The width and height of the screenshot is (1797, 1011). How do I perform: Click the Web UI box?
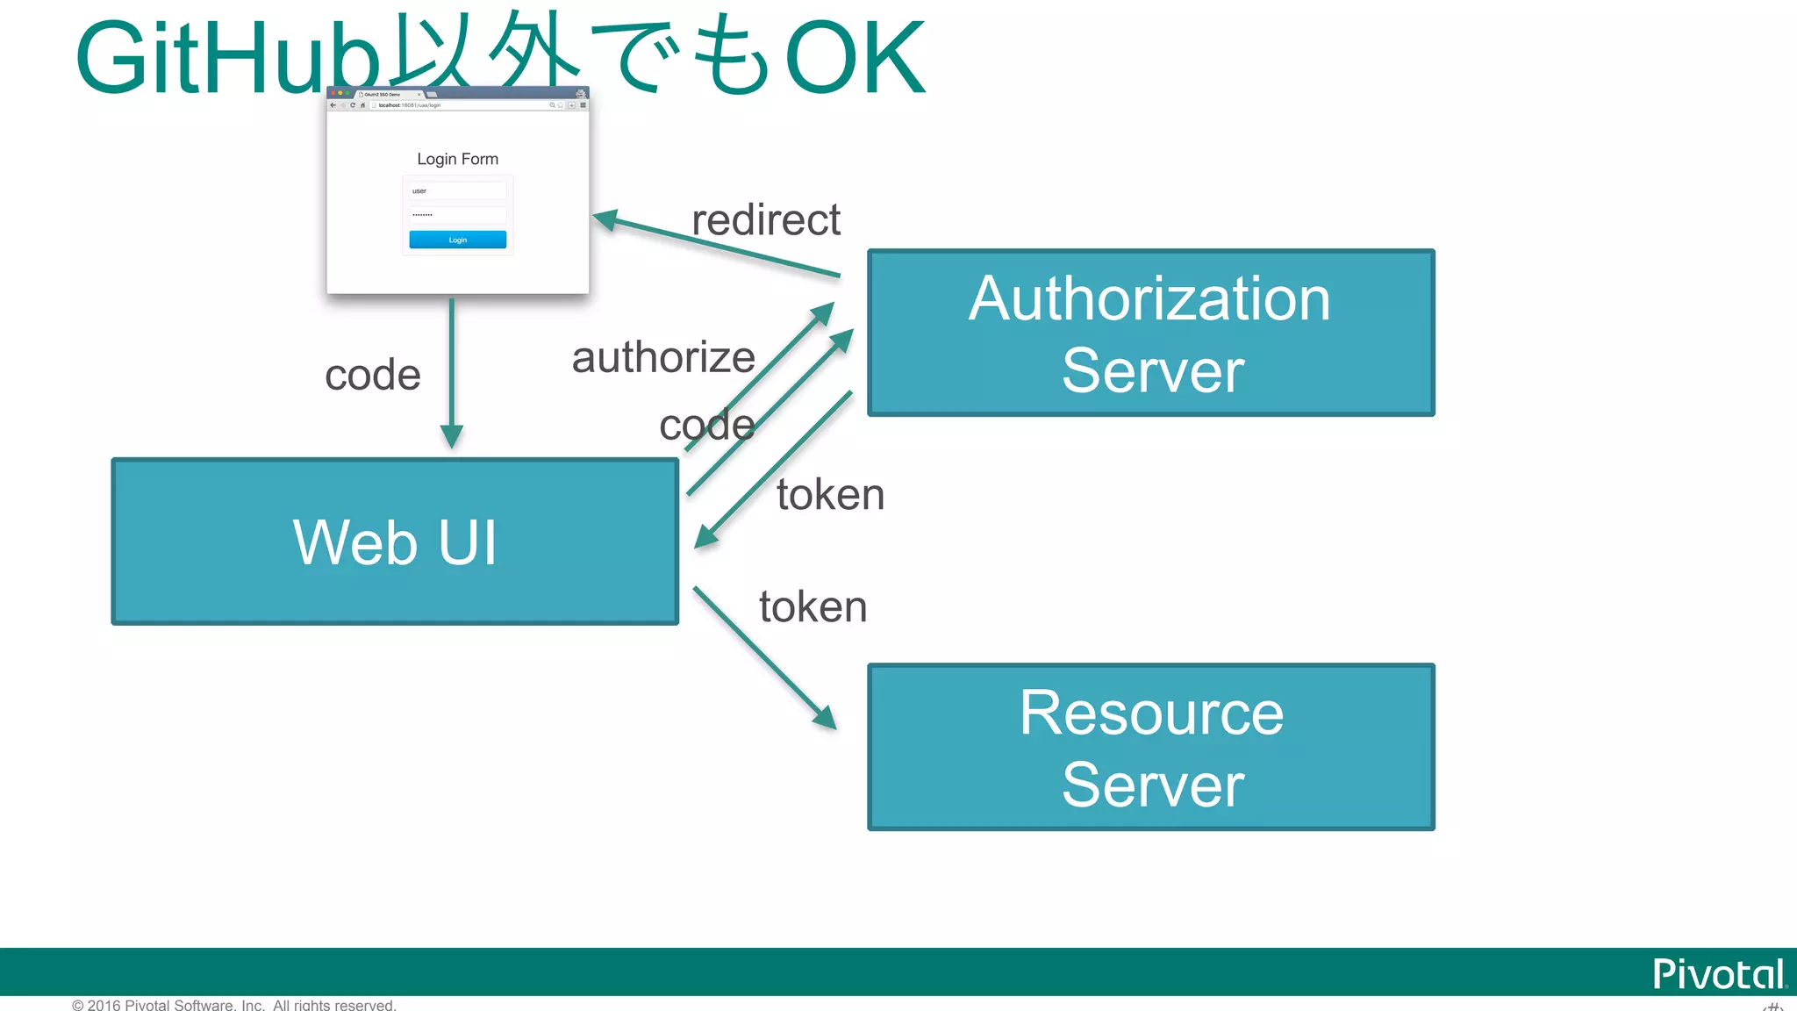click(395, 541)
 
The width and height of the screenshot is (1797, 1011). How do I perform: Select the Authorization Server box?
click(1150, 333)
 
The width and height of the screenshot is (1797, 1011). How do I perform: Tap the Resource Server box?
click(1150, 747)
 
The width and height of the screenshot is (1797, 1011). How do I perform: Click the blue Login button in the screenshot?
click(457, 240)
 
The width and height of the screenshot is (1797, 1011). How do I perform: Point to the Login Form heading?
click(457, 159)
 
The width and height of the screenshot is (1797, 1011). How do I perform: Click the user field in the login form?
click(457, 190)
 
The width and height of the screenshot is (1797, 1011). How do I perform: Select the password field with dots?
click(457, 214)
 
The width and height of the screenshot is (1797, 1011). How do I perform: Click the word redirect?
click(765, 219)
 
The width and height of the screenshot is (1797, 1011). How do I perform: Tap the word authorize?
click(662, 357)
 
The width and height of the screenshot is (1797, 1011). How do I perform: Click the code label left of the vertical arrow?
click(373, 375)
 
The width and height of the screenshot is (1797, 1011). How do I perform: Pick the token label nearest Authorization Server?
click(830, 494)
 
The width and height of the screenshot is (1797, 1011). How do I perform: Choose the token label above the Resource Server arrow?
click(813, 606)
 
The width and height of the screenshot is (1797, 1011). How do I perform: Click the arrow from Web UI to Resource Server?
click(763, 657)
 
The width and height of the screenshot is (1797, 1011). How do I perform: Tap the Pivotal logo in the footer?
click(1717, 974)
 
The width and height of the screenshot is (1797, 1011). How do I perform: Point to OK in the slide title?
click(855, 60)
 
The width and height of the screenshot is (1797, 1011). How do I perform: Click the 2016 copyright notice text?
click(233, 1005)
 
